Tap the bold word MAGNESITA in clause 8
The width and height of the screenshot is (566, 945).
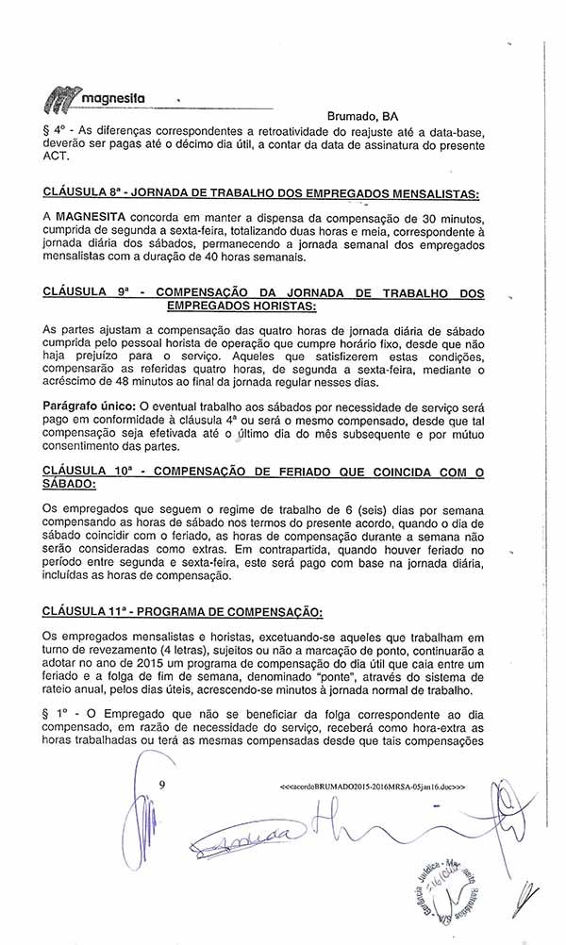pyautogui.click(x=91, y=217)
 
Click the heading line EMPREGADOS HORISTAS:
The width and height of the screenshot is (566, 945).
pyautogui.click(x=241, y=307)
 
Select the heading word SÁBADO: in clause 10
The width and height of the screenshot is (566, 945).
pyautogui.click(x=70, y=482)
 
